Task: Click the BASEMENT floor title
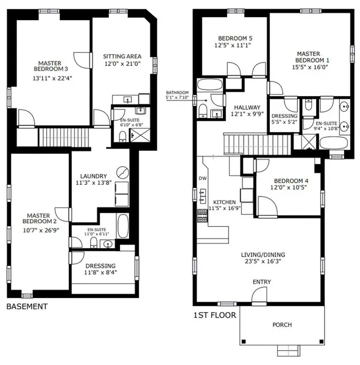(x=26, y=307)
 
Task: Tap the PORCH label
(x=282, y=324)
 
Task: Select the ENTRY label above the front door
(x=262, y=282)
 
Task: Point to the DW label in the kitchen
(x=202, y=178)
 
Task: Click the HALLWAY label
(x=247, y=107)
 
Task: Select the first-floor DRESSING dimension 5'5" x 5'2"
(x=284, y=122)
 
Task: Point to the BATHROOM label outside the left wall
(x=177, y=92)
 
